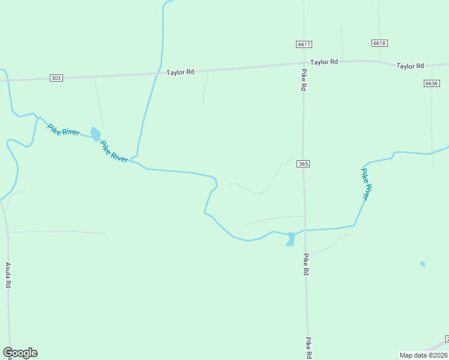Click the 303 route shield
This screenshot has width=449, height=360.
pyautogui.click(x=56, y=78)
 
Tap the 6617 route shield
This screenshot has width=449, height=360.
pyautogui.click(x=304, y=44)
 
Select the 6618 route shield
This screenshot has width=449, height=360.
pyautogui.click(x=379, y=43)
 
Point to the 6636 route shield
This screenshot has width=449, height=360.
pyautogui.click(x=431, y=83)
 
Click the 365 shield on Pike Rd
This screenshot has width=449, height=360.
pyautogui.click(x=303, y=164)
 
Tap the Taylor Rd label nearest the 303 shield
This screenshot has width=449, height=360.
pyautogui.click(x=180, y=72)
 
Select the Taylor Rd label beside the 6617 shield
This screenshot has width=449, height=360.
pyautogui.click(x=324, y=62)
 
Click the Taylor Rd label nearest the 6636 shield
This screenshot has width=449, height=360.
pyautogui.click(x=410, y=65)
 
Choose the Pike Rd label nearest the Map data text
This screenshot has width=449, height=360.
pyautogui.click(x=308, y=347)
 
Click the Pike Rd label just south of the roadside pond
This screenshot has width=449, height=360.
pyautogui.click(x=306, y=264)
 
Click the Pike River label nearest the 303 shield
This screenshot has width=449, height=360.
pyautogui.click(x=63, y=130)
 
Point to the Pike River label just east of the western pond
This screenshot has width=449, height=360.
pyautogui.click(x=113, y=151)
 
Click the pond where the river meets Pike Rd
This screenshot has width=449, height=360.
pyautogui.click(x=291, y=238)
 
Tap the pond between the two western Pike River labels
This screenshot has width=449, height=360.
pyautogui.click(x=95, y=133)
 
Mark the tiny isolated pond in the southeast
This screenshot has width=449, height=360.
pyautogui.click(x=423, y=263)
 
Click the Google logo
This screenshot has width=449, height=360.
pyautogui.click(x=20, y=353)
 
